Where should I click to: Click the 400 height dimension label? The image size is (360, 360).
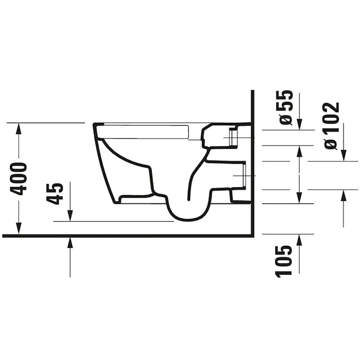tap(18, 179)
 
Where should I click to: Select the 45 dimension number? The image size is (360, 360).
tap(55, 194)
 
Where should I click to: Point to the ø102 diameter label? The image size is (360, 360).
tap(332, 126)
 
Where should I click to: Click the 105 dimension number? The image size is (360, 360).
tap(284, 261)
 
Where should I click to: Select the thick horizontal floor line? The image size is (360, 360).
tap(126, 236)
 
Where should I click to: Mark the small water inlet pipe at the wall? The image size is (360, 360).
tap(232, 137)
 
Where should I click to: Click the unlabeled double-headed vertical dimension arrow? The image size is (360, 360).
tap(300, 175)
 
